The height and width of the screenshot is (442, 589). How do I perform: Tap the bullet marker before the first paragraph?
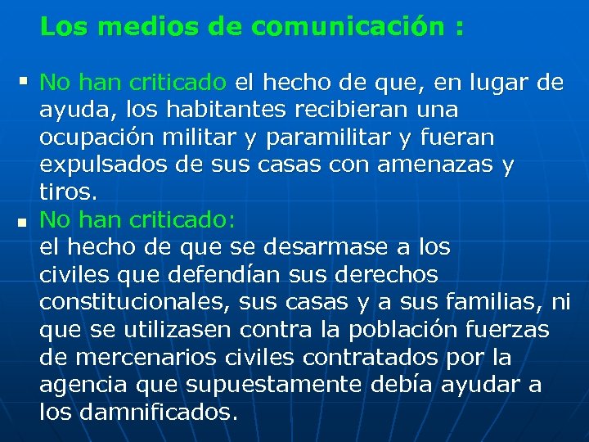(x=22, y=81)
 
